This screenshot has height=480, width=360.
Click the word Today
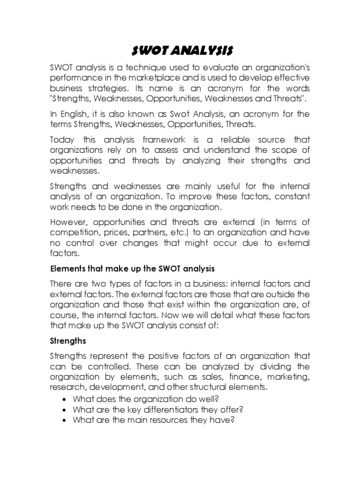click(x=62, y=140)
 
